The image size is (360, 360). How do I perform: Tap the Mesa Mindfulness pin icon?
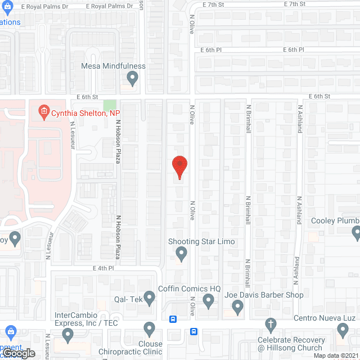click(x=132, y=79)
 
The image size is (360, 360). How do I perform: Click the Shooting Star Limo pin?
click(x=181, y=255)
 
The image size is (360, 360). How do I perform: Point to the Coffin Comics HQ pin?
click(x=208, y=302)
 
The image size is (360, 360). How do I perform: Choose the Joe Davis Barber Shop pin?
click(x=237, y=308)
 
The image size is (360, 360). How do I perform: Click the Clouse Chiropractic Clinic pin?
click(x=149, y=328)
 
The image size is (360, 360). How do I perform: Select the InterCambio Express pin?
click(x=68, y=336)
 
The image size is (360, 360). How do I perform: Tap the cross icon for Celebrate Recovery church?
click(x=271, y=325)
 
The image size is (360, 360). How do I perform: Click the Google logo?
click(x=18, y=353)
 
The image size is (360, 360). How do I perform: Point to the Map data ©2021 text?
click(x=336, y=355)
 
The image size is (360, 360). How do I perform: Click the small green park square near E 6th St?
click(x=110, y=105)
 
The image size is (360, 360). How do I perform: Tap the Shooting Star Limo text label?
click(x=201, y=242)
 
